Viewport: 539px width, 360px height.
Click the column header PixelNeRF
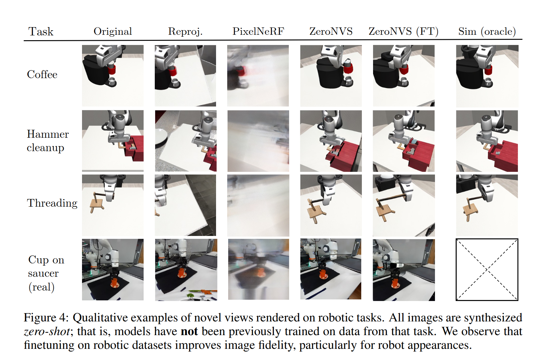pos(258,32)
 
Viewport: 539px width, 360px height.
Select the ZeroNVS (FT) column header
pos(403,32)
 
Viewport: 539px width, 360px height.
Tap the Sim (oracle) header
pos(487,32)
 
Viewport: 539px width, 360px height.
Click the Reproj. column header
pos(185,32)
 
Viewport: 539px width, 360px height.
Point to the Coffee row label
pos(42,74)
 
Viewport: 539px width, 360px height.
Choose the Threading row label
pos(52,203)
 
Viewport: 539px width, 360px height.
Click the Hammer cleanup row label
pos(48,141)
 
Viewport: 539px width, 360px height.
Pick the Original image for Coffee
pos(113,76)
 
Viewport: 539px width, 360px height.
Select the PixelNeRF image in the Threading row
pos(258,205)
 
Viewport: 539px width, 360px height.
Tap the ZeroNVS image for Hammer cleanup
pos(331,141)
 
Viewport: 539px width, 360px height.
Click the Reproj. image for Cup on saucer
pos(186,270)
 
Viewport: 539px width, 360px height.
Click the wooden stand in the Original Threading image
pos(97,203)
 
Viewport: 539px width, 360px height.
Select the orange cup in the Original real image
pos(115,283)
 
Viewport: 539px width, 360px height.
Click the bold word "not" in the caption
pos(189,331)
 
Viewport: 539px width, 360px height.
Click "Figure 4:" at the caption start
pos(46,318)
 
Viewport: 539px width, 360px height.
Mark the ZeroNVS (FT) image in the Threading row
pos(404,205)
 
